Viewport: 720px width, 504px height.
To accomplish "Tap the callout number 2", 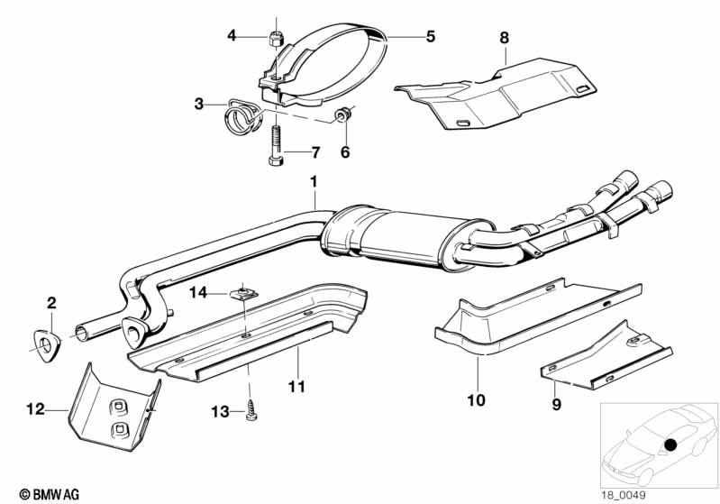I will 51,303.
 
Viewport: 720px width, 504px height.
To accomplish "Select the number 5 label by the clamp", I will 430,36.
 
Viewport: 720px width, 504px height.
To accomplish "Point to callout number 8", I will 505,37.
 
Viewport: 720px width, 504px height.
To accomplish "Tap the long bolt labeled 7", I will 275,145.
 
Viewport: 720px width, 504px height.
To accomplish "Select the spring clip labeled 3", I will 242,115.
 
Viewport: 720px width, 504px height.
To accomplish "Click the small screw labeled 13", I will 250,410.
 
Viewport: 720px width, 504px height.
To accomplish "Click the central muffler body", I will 406,236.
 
